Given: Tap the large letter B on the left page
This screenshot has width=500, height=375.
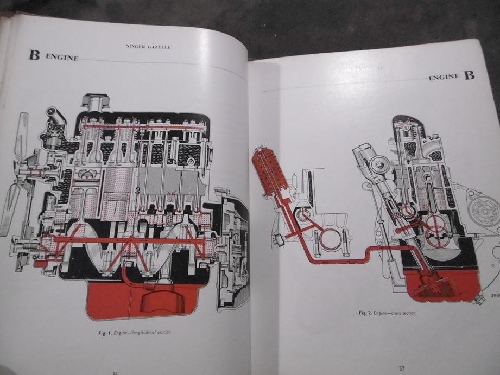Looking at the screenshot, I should click(x=34, y=55).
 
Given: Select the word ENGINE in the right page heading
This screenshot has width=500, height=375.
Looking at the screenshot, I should click(x=444, y=78).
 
